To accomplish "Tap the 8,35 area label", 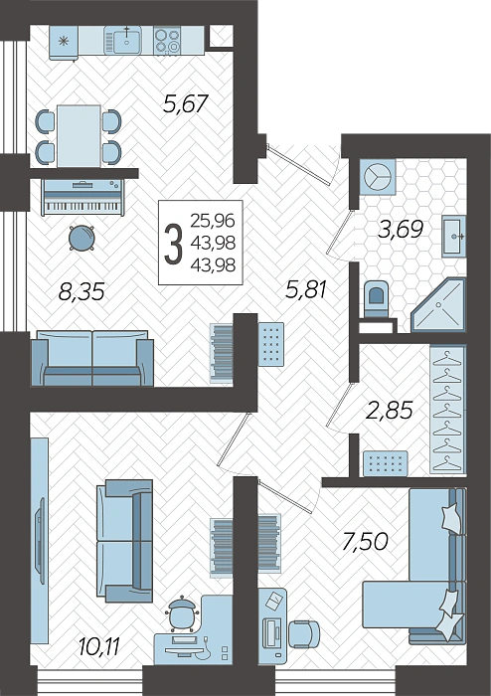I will coord(82,291).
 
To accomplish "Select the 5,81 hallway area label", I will coord(306,290).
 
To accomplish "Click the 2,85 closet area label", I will coord(390,409).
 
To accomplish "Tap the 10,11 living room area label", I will coord(98,648).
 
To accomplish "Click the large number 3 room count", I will coord(173,245).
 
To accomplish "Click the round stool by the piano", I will coord(82,238).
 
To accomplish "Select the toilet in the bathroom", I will coord(377,294).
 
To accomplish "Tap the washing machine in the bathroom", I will coord(379,176).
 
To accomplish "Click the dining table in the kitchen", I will coord(79,135).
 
